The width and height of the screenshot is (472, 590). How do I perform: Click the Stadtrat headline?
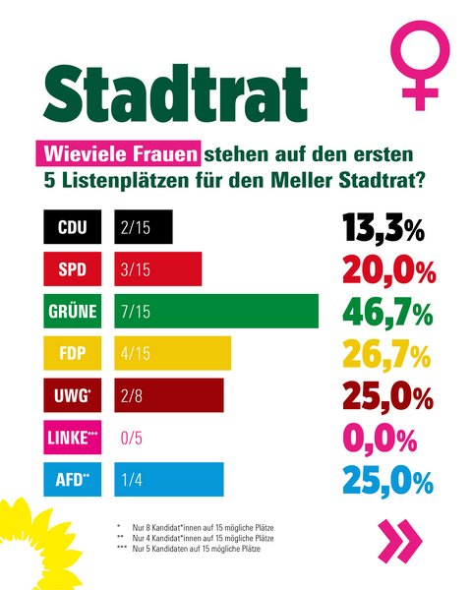click(x=175, y=93)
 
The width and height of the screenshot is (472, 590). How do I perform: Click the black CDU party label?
click(x=72, y=227)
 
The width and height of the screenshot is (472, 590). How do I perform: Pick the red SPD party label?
click(x=72, y=269)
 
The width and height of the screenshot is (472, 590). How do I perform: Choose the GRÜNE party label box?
click(x=72, y=311)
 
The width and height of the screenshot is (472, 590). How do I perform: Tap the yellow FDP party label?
click(x=72, y=353)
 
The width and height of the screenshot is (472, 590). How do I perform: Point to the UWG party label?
click(x=72, y=395)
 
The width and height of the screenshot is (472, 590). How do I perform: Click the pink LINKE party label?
click(x=72, y=438)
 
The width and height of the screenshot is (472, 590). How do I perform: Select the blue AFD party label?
click(x=72, y=480)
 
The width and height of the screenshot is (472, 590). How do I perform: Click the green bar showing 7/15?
click(x=216, y=311)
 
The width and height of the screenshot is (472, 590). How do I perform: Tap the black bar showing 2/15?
click(x=144, y=227)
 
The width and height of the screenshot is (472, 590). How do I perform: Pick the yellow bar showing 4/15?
click(x=173, y=353)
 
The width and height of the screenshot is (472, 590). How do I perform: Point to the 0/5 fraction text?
click(x=132, y=438)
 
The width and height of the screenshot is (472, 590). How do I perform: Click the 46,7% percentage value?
click(x=387, y=314)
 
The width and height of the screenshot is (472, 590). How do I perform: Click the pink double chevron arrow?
click(x=399, y=541)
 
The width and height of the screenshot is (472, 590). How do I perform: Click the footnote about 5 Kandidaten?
click(x=189, y=549)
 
